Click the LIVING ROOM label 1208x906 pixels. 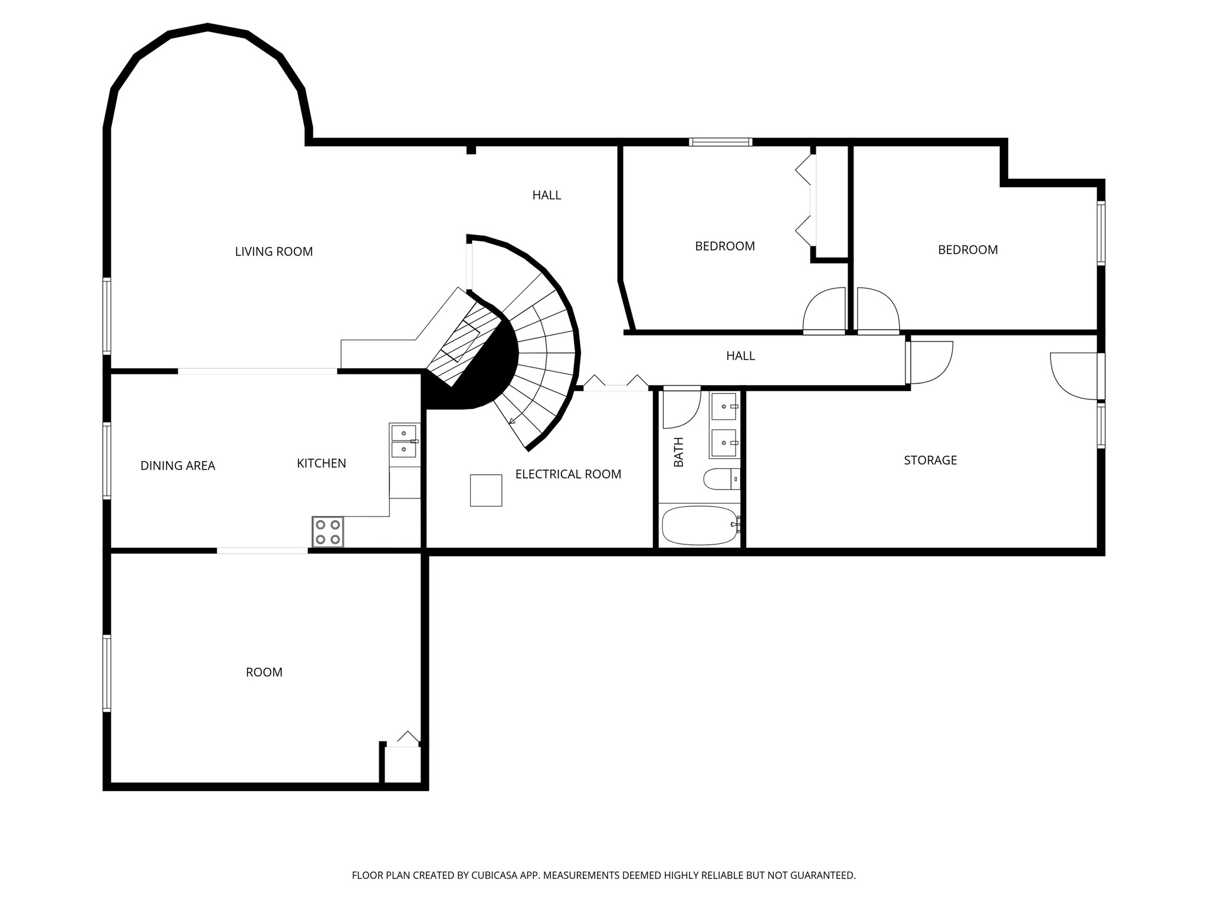click(274, 252)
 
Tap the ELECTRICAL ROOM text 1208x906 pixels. click(568, 474)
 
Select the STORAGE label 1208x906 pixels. click(930, 460)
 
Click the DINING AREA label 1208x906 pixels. click(178, 466)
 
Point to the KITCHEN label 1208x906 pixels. click(321, 464)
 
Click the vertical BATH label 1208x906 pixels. click(679, 452)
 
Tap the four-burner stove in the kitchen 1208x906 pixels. click(328, 531)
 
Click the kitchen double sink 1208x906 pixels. click(403, 441)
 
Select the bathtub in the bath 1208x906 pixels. click(700, 525)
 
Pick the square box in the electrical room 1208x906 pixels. click(485, 490)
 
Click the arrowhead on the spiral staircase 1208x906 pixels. click(512, 421)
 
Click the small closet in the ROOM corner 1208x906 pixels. click(402, 764)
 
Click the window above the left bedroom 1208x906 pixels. click(721, 142)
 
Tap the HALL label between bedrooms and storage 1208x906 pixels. click(740, 356)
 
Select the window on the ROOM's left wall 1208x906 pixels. click(107, 672)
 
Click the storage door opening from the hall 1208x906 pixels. click(929, 363)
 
